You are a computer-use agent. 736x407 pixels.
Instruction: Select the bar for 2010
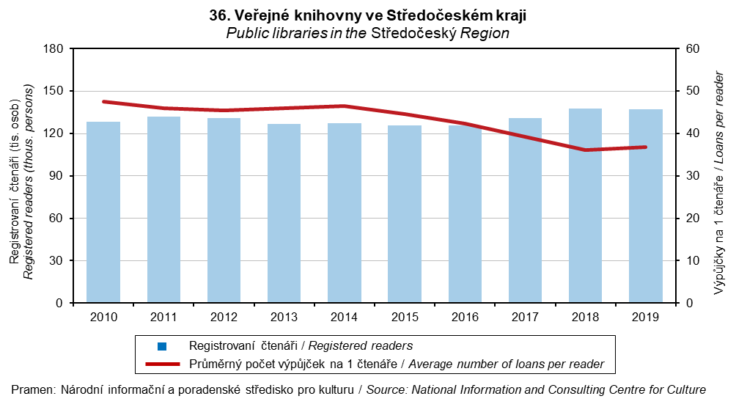click(103, 212)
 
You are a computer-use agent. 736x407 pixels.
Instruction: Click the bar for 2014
click(344, 213)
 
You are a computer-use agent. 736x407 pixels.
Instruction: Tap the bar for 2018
click(585, 205)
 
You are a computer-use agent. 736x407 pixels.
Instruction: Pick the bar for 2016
click(465, 214)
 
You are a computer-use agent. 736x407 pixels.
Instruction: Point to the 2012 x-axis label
click(224, 317)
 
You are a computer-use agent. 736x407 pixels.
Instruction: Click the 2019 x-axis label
click(645, 317)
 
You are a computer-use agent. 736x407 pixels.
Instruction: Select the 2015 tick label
click(404, 317)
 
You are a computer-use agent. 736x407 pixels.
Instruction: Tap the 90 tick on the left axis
click(59, 176)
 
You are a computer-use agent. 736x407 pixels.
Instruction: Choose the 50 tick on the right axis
click(692, 91)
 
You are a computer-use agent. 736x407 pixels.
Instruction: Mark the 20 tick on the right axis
click(692, 219)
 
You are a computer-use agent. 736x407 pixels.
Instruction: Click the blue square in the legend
click(163, 346)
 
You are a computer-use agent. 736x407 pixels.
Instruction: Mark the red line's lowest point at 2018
click(585, 150)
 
